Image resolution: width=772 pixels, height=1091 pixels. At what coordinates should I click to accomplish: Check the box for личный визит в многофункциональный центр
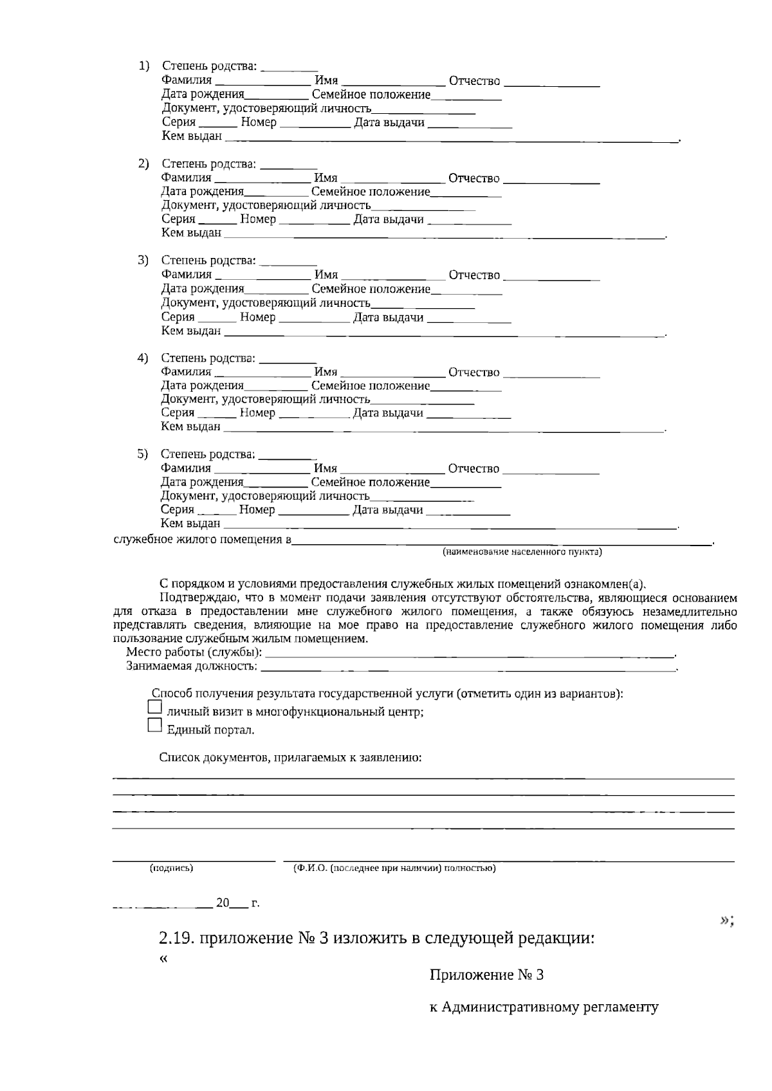tap(154, 707)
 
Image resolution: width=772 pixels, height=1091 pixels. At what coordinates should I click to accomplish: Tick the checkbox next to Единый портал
tap(154, 725)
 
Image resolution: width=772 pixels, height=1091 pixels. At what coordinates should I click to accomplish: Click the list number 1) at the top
tap(145, 66)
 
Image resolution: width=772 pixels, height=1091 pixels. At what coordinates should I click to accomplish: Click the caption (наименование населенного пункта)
tap(522, 552)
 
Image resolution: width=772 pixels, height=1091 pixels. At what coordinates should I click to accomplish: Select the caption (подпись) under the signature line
tap(171, 868)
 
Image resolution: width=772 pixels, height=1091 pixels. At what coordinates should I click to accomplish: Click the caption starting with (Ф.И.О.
tap(394, 868)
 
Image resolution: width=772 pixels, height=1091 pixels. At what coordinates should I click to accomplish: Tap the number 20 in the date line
tap(223, 903)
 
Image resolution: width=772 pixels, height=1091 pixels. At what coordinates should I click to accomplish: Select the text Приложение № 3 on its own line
tap(486, 975)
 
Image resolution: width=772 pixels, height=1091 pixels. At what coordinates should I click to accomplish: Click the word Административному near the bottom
tap(511, 1007)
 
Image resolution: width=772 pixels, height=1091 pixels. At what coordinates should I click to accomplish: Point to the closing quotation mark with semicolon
tap(727, 921)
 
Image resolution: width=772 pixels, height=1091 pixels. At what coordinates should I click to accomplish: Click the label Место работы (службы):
tap(194, 652)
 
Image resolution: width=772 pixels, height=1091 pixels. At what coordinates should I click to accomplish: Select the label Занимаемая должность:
tap(191, 666)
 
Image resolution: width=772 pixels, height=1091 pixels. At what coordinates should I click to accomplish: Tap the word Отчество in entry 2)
tap(473, 178)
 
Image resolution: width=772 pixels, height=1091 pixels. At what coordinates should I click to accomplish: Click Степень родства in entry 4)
tap(207, 358)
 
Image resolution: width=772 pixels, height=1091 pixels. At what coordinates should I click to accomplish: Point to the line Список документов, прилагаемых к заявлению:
tap(290, 758)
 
